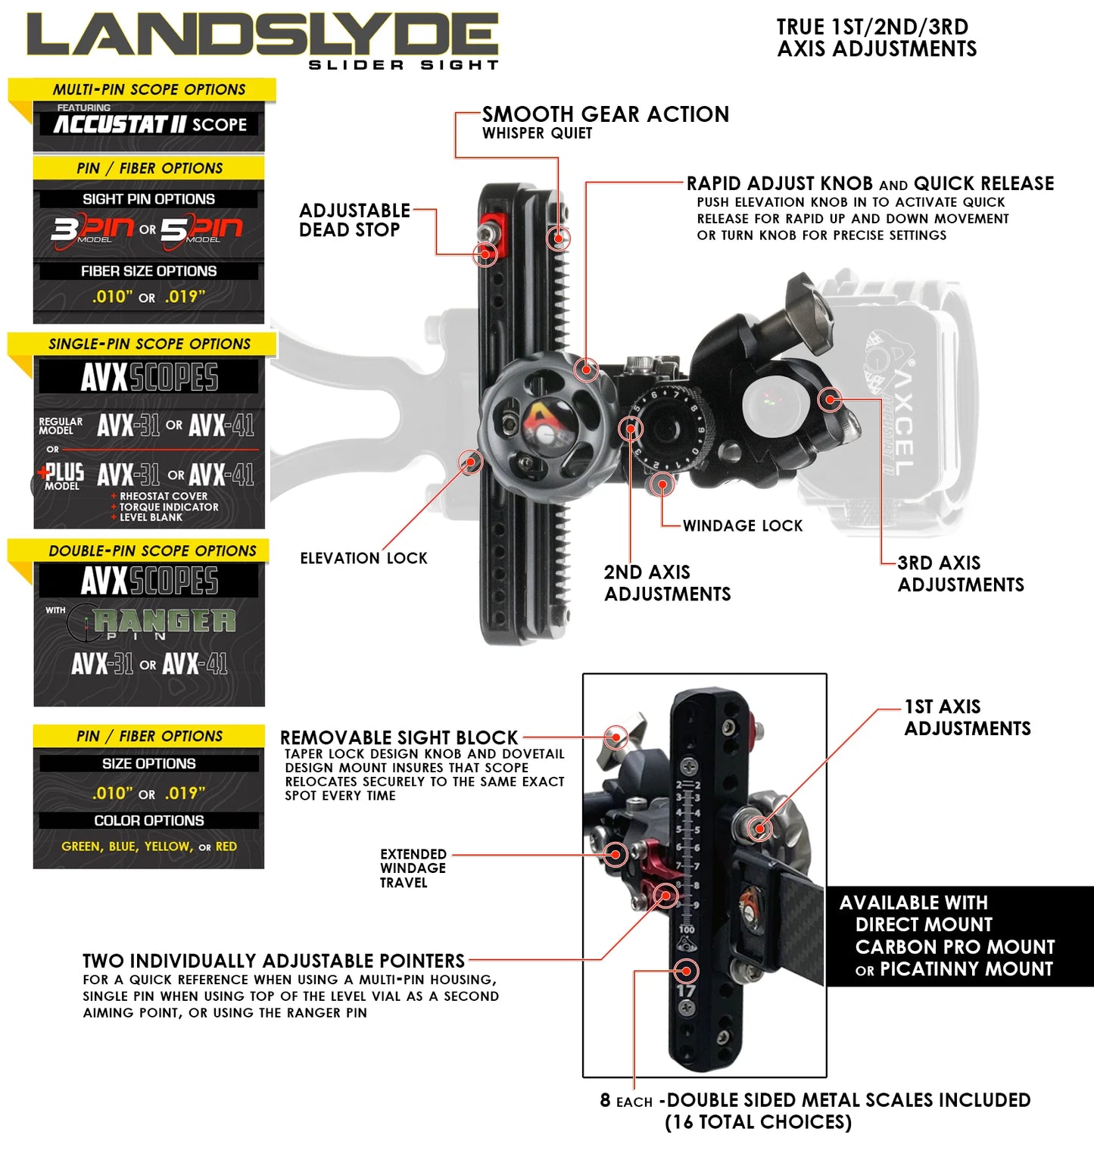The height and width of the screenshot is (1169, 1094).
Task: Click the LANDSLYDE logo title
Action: coord(261,36)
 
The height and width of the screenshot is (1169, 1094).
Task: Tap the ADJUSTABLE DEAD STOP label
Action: coord(354,220)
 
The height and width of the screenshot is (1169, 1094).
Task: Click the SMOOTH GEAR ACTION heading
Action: coord(605,114)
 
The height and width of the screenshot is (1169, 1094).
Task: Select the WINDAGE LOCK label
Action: coord(742,525)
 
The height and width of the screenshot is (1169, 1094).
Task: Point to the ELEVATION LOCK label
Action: coord(363,558)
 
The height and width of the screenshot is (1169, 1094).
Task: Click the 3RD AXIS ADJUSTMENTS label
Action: coord(960,574)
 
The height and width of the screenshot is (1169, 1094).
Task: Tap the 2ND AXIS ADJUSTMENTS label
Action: coord(667,583)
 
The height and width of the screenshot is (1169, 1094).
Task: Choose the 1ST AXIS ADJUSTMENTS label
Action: coord(967,718)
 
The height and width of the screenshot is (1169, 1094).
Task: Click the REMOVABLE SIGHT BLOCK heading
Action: coord(399,737)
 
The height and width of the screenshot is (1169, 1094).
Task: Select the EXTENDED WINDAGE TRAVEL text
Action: coord(413,868)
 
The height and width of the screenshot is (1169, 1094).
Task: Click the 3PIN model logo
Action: coord(92,229)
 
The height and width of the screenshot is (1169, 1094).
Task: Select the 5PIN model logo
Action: coord(201,229)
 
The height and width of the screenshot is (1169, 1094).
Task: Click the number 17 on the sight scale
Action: coord(686,990)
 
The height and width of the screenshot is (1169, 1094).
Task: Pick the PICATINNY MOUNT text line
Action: coord(965,969)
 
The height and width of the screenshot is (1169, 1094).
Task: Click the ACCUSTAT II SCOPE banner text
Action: coord(150,124)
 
